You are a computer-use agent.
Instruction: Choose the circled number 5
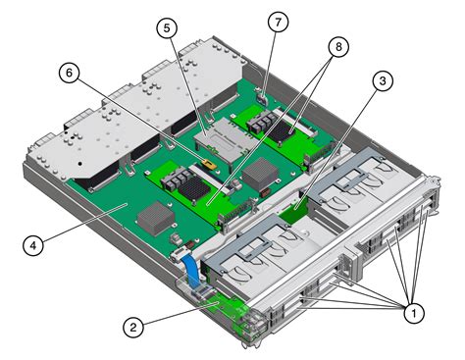point(172,30)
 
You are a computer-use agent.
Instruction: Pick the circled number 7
point(278,22)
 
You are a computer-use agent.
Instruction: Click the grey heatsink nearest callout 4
point(155,217)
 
